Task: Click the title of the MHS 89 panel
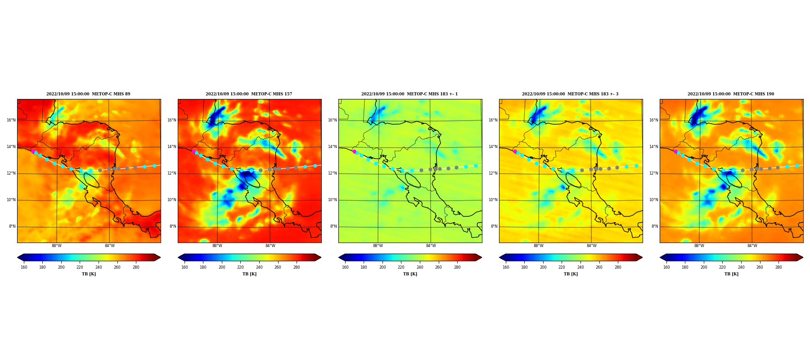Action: [x=88, y=94]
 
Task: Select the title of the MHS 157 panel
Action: [x=249, y=94]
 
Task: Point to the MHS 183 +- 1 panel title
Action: [x=409, y=94]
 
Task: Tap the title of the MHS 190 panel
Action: [x=731, y=94]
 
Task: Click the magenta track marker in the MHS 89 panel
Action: [x=33, y=152]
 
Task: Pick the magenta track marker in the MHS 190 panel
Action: [x=675, y=152]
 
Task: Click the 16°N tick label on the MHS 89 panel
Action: [x=11, y=120]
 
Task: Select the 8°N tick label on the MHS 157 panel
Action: [x=173, y=226]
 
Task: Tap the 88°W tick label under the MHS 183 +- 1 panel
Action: [x=378, y=246]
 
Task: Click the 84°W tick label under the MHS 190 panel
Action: [x=752, y=246]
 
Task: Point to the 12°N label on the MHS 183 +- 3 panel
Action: [x=493, y=173]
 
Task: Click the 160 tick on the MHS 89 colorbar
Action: [x=24, y=267]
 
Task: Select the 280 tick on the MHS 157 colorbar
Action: [x=297, y=267]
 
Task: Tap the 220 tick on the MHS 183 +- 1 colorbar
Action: [x=401, y=267]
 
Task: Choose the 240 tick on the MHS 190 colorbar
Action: [x=741, y=267]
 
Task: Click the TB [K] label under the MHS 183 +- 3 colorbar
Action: [x=571, y=274]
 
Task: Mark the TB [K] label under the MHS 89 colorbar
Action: [x=89, y=274]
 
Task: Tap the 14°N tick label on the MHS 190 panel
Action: [x=654, y=147]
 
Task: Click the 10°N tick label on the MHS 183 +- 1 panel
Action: [x=333, y=200]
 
